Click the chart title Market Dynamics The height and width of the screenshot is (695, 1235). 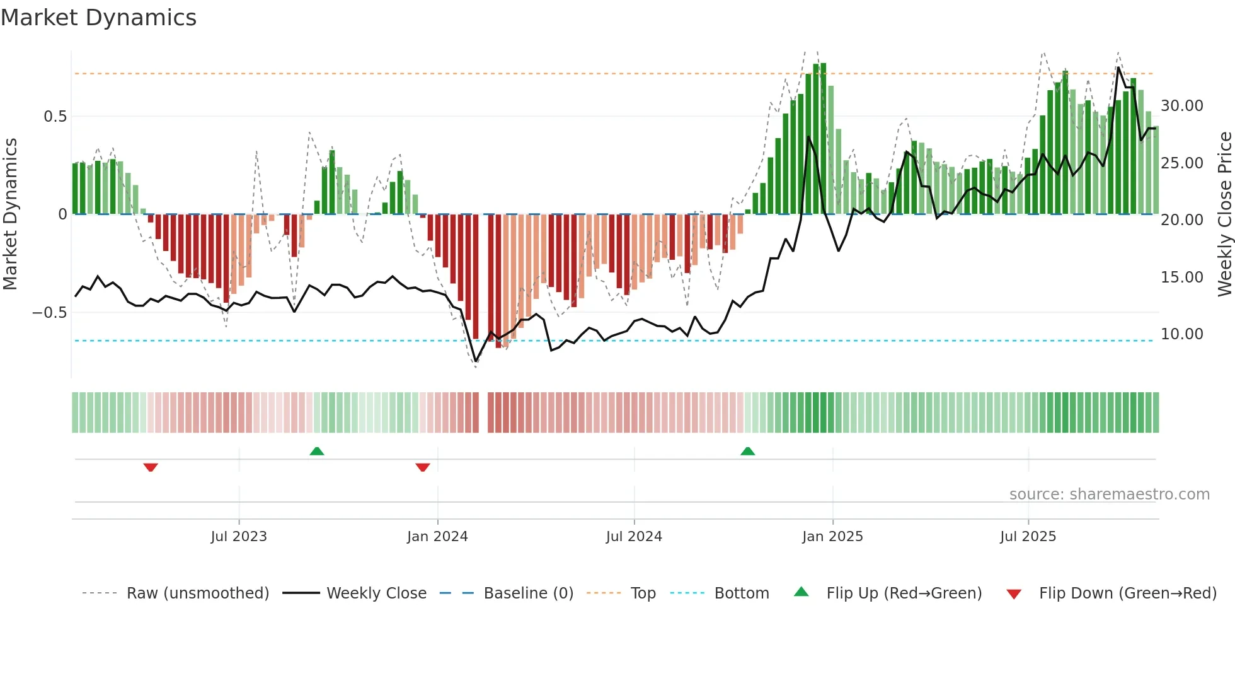(x=98, y=18)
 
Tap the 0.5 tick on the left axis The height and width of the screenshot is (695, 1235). (x=55, y=117)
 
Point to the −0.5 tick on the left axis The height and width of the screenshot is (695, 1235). (x=50, y=313)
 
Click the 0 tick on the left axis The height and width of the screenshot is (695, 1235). (x=62, y=214)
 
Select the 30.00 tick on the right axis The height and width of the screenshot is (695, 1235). (x=1182, y=106)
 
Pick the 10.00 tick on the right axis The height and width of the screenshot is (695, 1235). (x=1182, y=334)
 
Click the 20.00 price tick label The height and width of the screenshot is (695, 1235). (x=1182, y=220)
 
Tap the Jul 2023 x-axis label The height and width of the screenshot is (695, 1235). (x=239, y=537)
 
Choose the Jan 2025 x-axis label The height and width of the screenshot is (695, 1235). (x=832, y=537)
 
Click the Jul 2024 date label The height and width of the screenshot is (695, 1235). (x=634, y=537)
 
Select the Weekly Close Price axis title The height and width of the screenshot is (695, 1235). (x=1224, y=214)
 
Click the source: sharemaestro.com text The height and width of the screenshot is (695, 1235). (x=1109, y=494)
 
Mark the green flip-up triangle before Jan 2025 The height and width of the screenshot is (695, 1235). (x=747, y=451)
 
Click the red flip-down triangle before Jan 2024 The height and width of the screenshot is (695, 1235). (x=423, y=467)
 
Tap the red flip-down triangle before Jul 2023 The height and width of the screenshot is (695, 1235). (x=151, y=467)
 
